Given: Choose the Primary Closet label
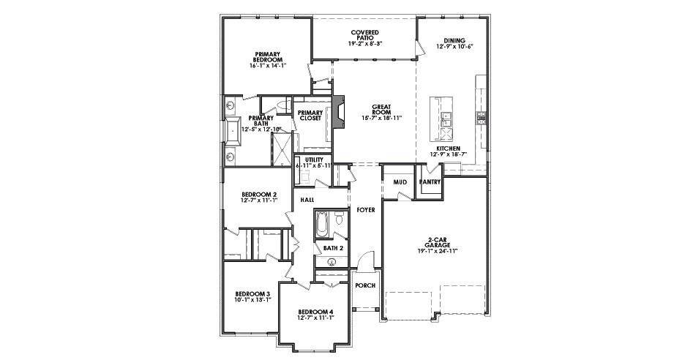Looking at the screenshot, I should [x=310, y=115].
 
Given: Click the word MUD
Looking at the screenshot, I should [x=400, y=181].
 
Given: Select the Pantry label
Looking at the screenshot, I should [x=429, y=181].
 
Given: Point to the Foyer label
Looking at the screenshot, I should [x=365, y=210].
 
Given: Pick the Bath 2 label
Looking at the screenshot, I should [x=333, y=248].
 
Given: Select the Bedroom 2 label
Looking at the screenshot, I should [x=259, y=198].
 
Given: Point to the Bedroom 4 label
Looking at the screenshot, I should [x=316, y=315].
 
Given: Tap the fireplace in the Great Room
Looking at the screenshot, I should [x=338, y=116].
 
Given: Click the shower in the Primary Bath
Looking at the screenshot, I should [x=280, y=150].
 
